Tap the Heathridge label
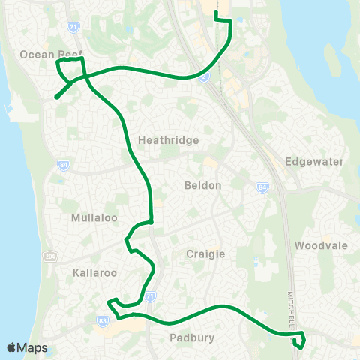point(169,140)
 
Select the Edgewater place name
point(314,161)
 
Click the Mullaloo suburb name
point(91,218)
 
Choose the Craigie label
point(205,254)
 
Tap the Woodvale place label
point(321,245)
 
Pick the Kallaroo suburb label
point(93,270)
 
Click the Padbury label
point(193,337)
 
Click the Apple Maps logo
point(27,347)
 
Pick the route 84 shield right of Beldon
point(262,187)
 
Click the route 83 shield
point(102,319)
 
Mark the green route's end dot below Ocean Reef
point(56,96)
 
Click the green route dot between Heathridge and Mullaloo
point(151,221)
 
